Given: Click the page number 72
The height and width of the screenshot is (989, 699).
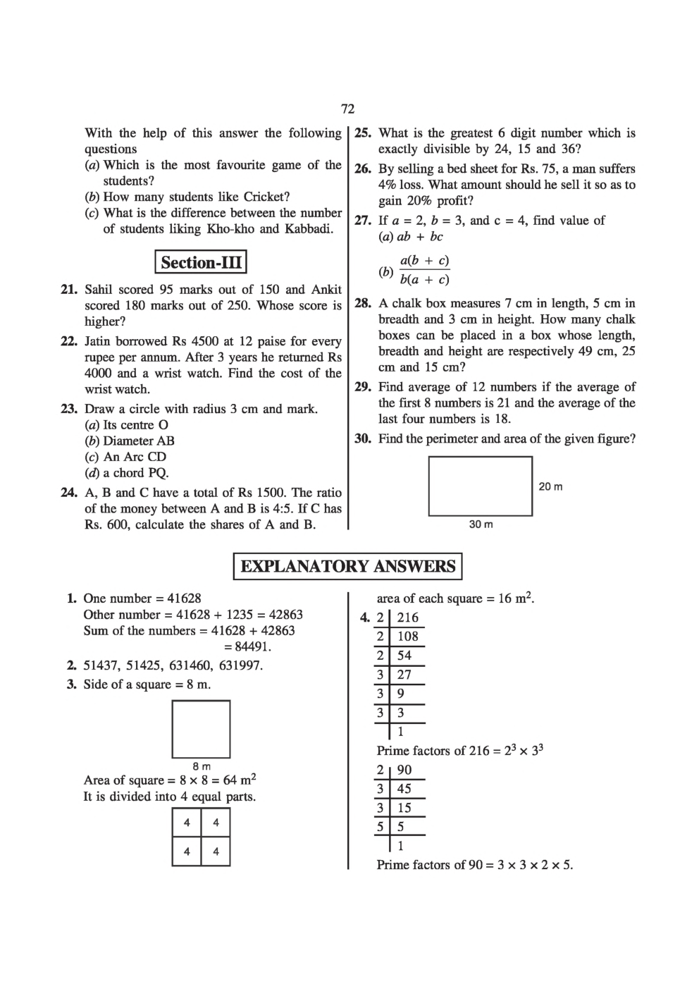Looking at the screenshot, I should click(x=347, y=109).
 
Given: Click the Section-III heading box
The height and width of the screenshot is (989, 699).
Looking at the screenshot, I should click(x=201, y=263).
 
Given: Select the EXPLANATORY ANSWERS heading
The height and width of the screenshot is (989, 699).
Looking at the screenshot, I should click(x=348, y=566).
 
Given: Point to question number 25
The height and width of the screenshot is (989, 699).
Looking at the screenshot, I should click(x=363, y=133).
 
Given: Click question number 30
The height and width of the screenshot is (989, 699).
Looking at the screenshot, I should click(x=363, y=438).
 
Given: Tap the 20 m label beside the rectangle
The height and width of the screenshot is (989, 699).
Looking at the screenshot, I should click(x=550, y=486).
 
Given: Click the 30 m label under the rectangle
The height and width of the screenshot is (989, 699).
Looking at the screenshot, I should click(x=481, y=524).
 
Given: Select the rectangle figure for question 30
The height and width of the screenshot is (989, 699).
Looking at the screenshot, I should click(x=481, y=486).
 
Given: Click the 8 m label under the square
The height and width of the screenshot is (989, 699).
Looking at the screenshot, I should click(x=202, y=766).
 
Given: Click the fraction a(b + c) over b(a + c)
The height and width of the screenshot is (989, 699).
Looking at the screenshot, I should click(x=424, y=270).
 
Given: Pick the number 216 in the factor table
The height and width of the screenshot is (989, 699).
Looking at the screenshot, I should click(x=407, y=618).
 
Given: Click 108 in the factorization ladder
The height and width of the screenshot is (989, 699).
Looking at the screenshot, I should click(x=407, y=637).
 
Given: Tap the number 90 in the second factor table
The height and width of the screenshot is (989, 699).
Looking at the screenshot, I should click(x=404, y=770).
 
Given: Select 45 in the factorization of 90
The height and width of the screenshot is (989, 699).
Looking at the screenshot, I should click(x=404, y=789).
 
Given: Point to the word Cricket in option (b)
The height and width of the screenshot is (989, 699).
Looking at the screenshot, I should click(x=266, y=197).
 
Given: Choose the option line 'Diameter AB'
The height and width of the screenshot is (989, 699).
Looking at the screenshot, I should click(x=138, y=441).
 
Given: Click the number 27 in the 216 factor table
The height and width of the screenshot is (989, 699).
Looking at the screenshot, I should click(x=404, y=675).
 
